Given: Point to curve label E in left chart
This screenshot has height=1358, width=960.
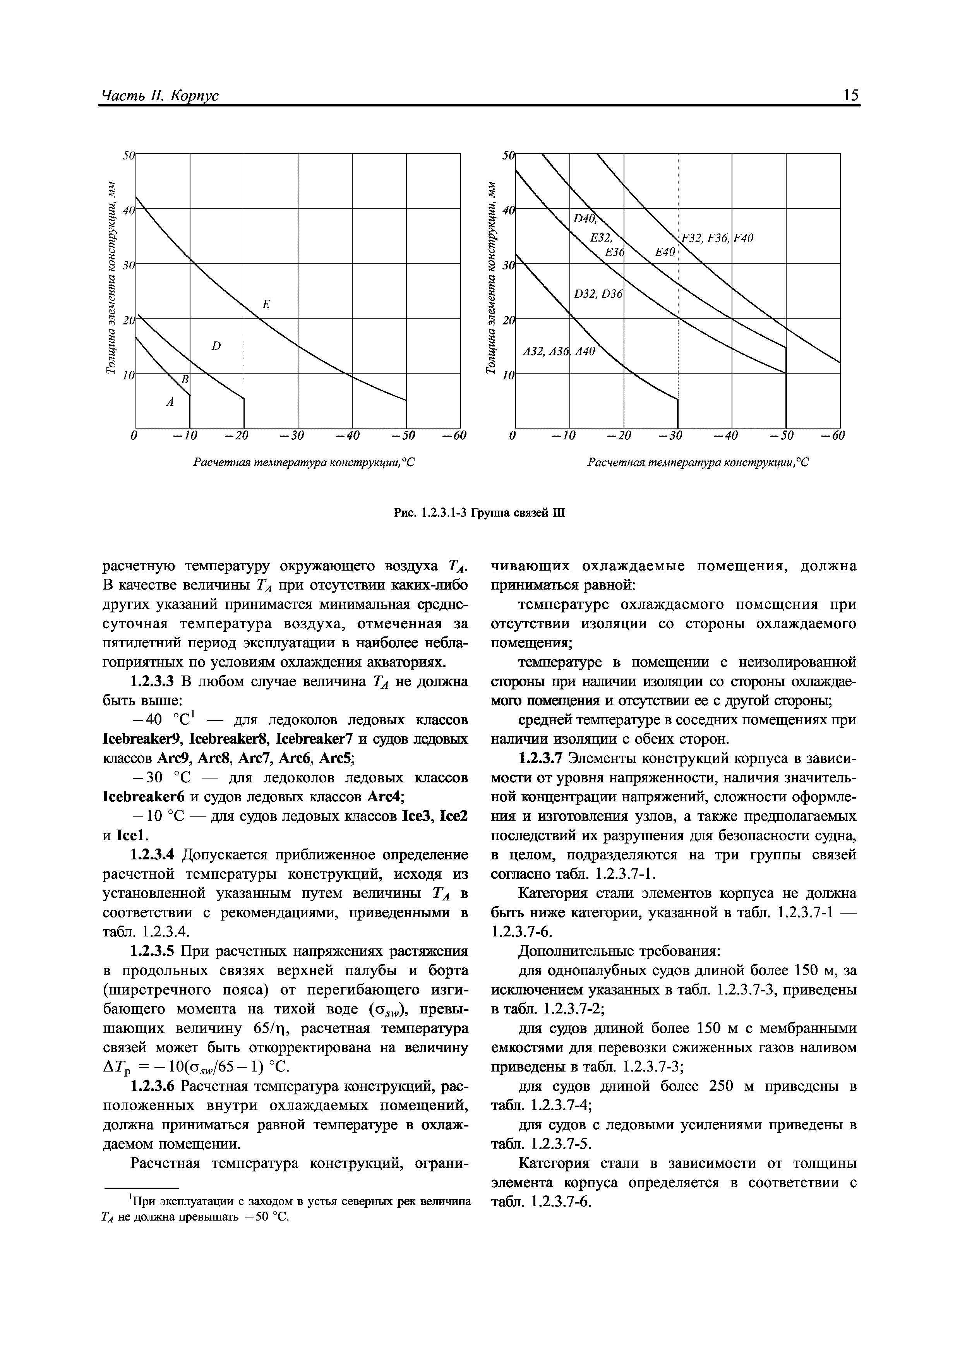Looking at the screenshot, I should coord(266,305).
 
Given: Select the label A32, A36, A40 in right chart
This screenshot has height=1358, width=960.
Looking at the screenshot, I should coord(558,352).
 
